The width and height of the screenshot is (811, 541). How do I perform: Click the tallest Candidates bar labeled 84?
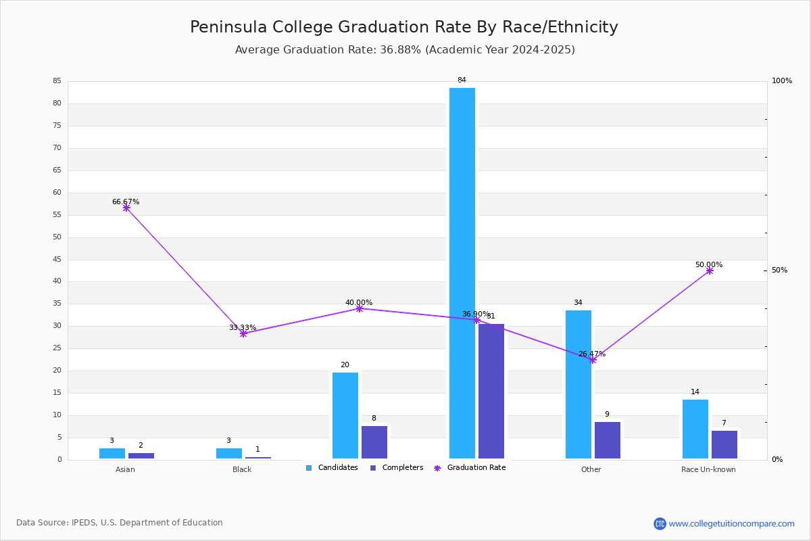click(x=462, y=273)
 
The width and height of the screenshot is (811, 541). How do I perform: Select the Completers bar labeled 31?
click(x=491, y=392)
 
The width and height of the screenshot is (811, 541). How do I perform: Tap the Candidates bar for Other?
click(x=579, y=385)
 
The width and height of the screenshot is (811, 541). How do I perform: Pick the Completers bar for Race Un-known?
click(x=724, y=444)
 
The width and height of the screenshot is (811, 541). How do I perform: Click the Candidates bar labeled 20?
click(x=345, y=416)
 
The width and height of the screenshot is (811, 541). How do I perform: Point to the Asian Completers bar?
click(x=141, y=456)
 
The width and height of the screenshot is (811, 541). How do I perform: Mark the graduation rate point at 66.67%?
click(x=126, y=208)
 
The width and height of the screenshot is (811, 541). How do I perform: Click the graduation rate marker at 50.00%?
click(x=710, y=270)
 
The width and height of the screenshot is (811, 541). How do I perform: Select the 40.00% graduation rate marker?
click(x=359, y=309)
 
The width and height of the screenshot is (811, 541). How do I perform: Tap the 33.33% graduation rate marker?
click(x=243, y=334)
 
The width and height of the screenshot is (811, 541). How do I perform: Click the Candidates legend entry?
click(x=332, y=468)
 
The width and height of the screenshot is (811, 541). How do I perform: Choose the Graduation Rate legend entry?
click(x=470, y=468)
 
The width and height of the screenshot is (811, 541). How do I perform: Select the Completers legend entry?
click(x=397, y=468)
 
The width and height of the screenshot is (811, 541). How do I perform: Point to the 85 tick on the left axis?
click(x=57, y=80)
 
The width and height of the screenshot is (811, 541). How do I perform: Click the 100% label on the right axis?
click(x=782, y=80)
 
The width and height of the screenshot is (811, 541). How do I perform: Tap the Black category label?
click(x=242, y=469)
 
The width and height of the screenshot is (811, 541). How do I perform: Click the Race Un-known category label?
click(x=708, y=469)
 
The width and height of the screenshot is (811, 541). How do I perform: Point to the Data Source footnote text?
click(x=120, y=523)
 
